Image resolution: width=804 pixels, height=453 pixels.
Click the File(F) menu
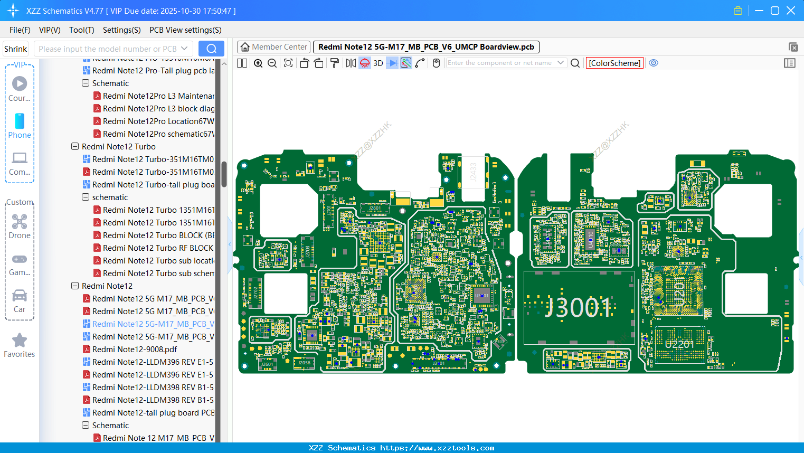tap(20, 30)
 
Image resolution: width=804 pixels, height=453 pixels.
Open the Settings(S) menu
tap(121, 30)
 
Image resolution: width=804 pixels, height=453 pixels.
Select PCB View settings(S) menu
tap(185, 30)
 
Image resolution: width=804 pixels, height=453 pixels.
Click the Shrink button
tap(16, 49)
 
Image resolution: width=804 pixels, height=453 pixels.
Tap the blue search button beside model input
tap(211, 49)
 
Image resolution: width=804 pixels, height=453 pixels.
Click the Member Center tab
tap(273, 47)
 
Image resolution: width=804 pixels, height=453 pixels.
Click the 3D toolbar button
tap(378, 63)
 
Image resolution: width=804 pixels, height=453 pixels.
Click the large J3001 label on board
tap(579, 307)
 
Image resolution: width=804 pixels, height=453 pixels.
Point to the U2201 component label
tap(679, 344)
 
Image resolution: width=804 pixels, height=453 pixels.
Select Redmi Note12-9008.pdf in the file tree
tap(134, 350)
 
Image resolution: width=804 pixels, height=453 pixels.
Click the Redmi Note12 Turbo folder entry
tap(118, 147)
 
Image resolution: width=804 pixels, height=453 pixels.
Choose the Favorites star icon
tap(20, 341)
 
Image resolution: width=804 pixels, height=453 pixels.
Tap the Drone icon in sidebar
tap(20, 222)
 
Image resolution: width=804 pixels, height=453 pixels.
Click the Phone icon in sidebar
tap(20, 121)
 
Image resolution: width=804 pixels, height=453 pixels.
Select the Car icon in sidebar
tap(20, 296)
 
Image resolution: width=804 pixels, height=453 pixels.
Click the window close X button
tap(791, 11)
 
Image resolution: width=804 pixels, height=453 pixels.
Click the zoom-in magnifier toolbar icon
tap(258, 63)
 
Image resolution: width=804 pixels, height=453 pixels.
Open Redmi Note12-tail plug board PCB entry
tap(153, 413)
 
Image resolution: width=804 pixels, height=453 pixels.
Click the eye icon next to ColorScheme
tap(654, 63)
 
